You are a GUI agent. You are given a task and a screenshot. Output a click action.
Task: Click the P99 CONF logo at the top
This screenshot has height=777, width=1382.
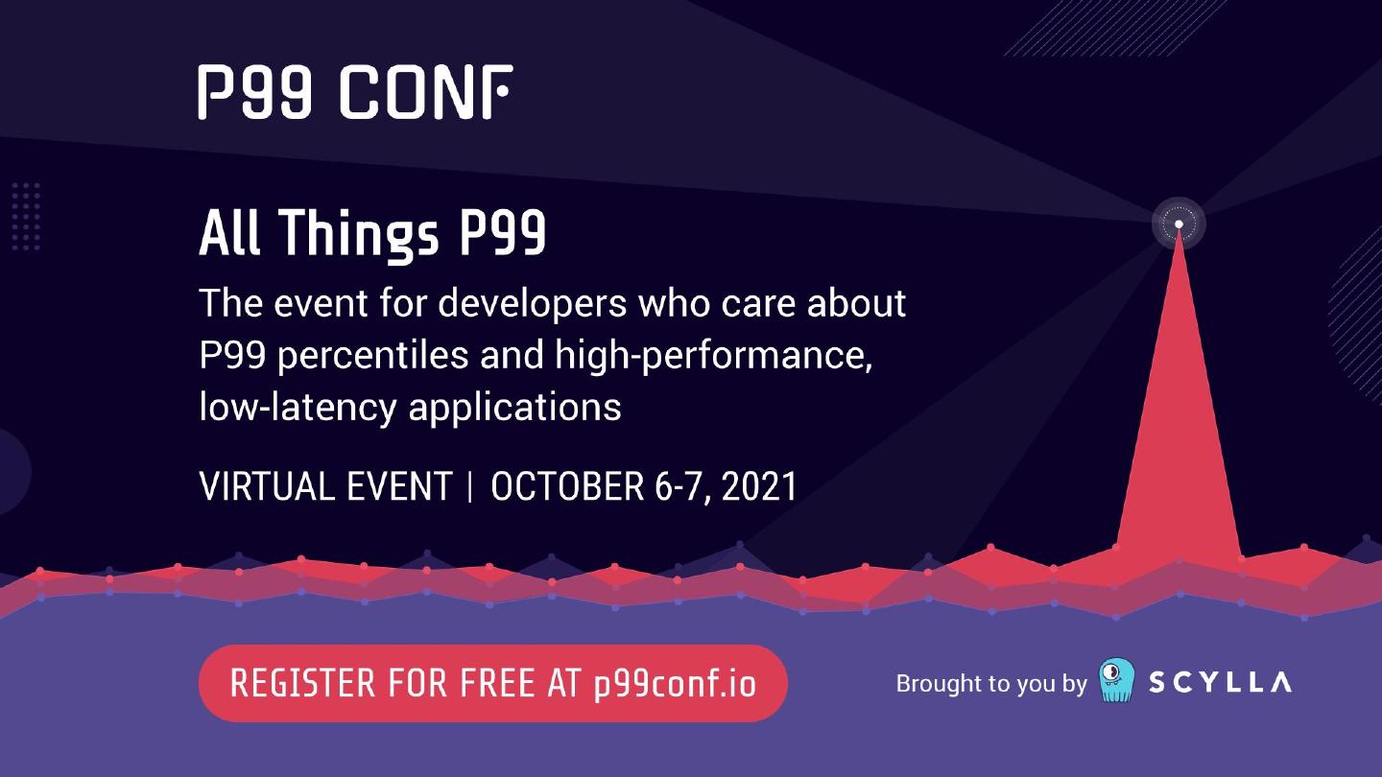[x=355, y=92]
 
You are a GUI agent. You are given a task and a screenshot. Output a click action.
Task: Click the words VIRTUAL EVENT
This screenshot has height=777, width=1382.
[x=325, y=486]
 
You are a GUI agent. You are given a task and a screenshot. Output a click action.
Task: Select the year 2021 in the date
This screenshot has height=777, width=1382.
[x=759, y=486]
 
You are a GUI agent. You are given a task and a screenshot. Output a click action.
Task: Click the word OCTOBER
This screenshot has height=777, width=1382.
[x=567, y=486]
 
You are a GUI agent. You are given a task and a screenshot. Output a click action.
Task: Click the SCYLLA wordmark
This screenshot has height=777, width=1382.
[x=1221, y=682]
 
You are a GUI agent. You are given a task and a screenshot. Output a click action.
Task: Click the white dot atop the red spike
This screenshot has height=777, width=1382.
[x=1179, y=224]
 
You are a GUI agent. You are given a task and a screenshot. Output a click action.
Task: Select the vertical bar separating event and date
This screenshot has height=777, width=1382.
[x=470, y=486]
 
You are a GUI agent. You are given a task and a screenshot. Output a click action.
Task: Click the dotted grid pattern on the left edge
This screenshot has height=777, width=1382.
[x=26, y=217]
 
